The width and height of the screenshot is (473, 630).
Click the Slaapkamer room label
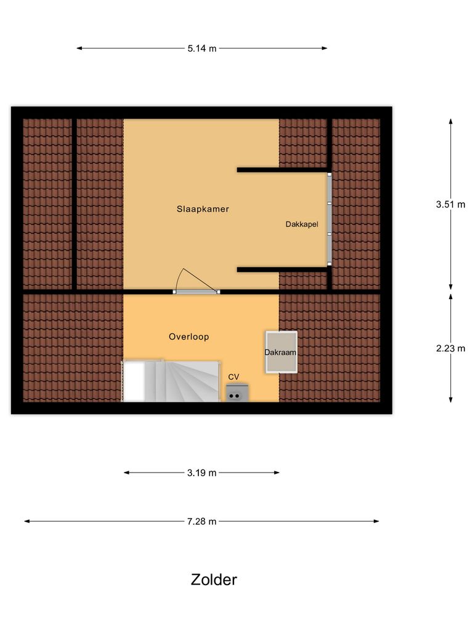(x=203, y=209)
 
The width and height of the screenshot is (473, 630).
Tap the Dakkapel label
(x=302, y=225)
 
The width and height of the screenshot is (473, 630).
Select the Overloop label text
(x=189, y=337)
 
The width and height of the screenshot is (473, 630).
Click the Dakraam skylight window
(x=281, y=352)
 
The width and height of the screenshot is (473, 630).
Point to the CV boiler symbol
(x=236, y=392)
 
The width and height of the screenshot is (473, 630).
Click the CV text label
(x=233, y=377)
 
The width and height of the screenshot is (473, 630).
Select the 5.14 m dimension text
(x=202, y=48)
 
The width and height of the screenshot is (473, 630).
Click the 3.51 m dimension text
(x=450, y=205)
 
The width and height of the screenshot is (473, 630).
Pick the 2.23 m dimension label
(x=450, y=348)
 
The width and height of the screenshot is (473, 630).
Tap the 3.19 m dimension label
(x=202, y=472)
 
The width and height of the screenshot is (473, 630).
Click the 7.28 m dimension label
(x=202, y=521)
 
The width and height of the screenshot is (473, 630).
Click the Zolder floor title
(x=214, y=580)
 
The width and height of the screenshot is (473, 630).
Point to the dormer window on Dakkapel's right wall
(x=329, y=219)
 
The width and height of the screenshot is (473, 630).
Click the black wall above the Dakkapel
(x=283, y=169)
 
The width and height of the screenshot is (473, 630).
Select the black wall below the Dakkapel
(x=283, y=269)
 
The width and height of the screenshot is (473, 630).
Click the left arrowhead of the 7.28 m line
(x=27, y=521)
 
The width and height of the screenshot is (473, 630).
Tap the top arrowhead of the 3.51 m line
(x=450, y=121)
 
